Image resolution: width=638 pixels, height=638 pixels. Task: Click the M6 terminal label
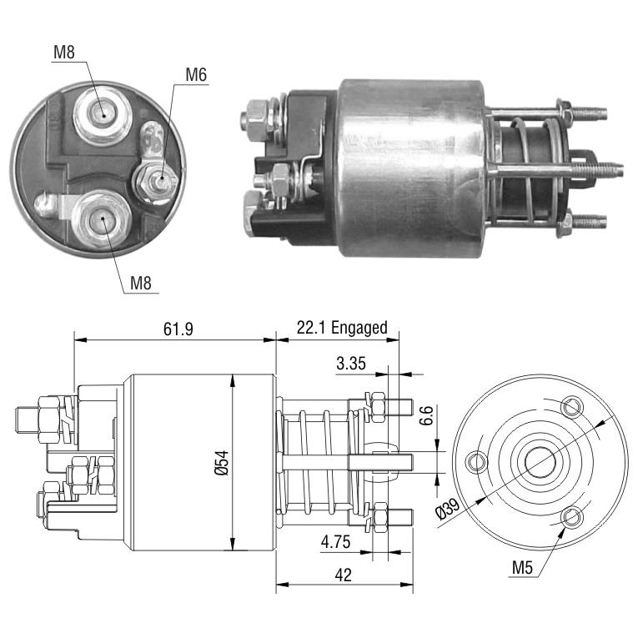click(x=196, y=75)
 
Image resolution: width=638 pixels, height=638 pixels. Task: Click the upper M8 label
click(x=64, y=52)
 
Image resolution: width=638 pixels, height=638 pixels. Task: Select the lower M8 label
click(x=141, y=283)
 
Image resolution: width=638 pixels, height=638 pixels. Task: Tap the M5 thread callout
click(x=522, y=567)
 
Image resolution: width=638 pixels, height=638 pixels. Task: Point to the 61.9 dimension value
click(x=178, y=329)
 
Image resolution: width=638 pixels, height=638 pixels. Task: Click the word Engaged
click(x=359, y=328)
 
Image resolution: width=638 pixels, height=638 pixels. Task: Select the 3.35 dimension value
click(x=351, y=363)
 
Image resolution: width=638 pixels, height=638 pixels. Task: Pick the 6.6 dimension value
click(x=426, y=415)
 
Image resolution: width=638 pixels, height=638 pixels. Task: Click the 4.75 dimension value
click(x=336, y=542)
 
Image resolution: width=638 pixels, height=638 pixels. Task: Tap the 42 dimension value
click(x=344, y=575)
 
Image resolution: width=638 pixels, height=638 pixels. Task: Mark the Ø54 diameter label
click(x=221, y=463)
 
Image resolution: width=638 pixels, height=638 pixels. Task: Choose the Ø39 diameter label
click(x=448, y=508)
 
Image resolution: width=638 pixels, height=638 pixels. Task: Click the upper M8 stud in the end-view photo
click(x=103, y=115)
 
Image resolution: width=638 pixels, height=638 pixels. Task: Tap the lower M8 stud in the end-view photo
click(x=102, y=219)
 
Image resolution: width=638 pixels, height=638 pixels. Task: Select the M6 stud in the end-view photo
click(x=157, y=180)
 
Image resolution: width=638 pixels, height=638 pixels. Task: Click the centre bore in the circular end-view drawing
click(x=540, y=462)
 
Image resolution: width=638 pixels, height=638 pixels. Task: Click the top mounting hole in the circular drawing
click(x=572, y=406)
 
